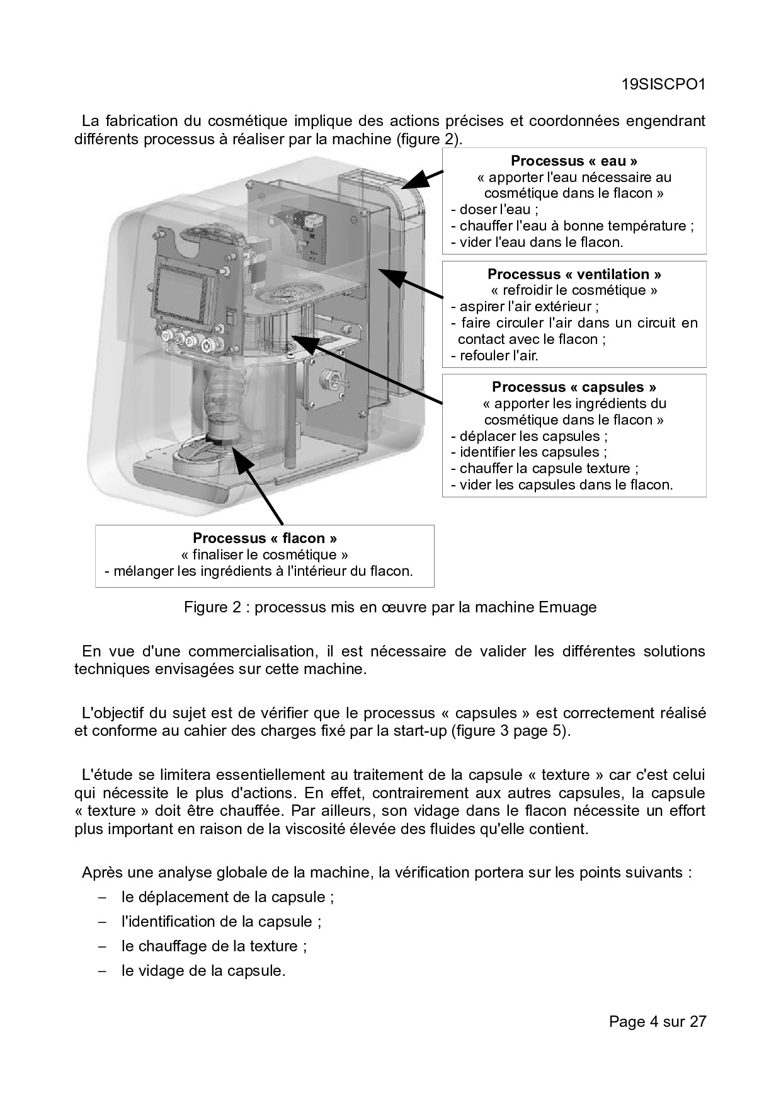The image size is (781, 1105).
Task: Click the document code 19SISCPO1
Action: pos(663,84)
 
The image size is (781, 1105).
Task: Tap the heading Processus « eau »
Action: pos(574,161)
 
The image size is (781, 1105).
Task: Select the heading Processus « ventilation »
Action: pos(574,274)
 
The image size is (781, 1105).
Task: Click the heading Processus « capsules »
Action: pos(574,387)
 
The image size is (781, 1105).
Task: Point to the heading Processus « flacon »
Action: pos(265,538)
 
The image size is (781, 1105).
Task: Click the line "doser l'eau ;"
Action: pos(495,210)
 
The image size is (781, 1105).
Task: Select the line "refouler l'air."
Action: pos(495,355)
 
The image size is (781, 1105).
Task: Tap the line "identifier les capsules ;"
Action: pos(529,452)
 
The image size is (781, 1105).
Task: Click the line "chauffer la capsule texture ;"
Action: pos(545,468)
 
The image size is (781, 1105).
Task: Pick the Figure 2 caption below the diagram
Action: pos(390,607)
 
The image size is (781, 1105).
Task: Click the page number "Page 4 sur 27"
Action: pos(657,1021)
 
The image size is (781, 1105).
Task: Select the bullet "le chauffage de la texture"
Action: pos(214,946)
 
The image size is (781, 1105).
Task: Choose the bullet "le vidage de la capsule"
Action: pos(203,970)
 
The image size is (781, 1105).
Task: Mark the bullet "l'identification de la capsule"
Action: pos(221,921)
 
